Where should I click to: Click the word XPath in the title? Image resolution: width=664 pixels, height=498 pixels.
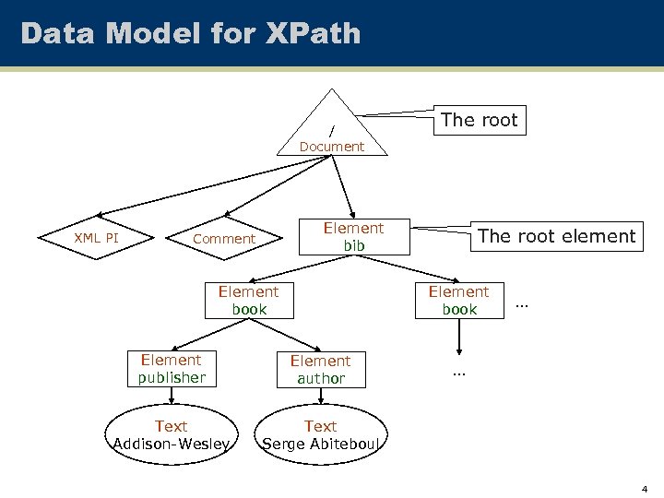[x=313, y=33]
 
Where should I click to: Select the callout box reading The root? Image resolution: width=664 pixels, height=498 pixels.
[x=480, y=120]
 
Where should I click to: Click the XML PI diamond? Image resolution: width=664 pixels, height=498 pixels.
[x=96, y=238]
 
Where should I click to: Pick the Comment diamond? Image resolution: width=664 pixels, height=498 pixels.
[x=224, y=238]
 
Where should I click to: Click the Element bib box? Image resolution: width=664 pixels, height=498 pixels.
[x=354, y=237]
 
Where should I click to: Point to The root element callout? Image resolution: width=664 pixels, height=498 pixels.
[x=557, y=236]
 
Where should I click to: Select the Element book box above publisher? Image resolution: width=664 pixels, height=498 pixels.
[x=249, y=301]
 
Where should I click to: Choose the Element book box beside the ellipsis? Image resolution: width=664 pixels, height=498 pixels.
[x=459, y=301]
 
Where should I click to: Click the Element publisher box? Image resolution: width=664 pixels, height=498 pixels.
[x=172, y=368]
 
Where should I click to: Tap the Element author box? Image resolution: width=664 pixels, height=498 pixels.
[x=321, y=369]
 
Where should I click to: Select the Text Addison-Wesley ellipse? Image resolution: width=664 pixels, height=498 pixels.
[x=172, y=434]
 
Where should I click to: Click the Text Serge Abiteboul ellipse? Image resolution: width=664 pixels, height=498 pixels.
[x=321, y=434]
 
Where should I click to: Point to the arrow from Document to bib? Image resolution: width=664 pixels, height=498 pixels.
[x=342, y=187]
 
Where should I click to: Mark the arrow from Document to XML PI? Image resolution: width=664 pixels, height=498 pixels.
[x=214, y=186]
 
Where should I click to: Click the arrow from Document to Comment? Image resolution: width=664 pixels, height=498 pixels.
[x=278, y=186]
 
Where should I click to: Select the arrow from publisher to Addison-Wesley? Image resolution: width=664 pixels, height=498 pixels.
[x=172, y=396]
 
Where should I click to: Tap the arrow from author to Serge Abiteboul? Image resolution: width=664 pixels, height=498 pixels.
[x=321, y=396]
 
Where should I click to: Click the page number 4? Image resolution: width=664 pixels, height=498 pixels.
[x=645, y=489]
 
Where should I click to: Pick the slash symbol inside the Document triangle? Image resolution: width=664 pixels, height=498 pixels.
[x=332, y=131]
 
